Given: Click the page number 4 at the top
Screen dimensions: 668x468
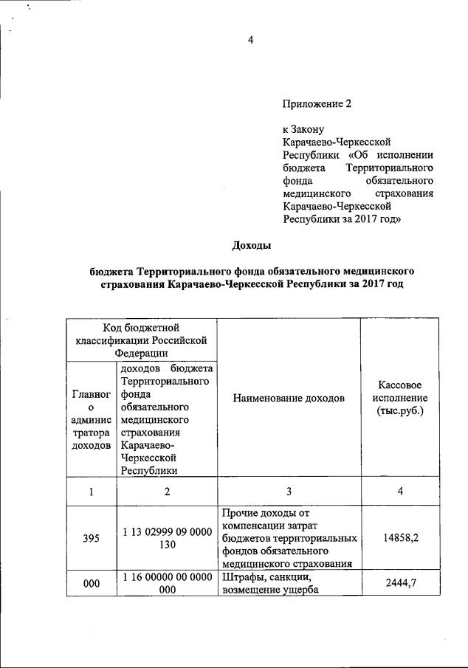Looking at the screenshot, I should pos(250,40).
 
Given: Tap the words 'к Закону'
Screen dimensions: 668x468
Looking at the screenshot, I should pos(304,128).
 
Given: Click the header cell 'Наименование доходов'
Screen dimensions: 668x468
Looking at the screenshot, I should pos(289,398).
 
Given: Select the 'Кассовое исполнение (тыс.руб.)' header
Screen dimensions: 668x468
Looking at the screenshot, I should pos(399,398).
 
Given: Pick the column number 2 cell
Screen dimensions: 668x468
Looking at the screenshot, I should pos(167,492).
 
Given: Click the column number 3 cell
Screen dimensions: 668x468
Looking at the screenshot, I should pos(289,492).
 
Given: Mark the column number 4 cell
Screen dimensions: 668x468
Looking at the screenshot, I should pos(399,492).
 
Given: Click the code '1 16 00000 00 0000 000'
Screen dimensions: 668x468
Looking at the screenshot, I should pos(167,584).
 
